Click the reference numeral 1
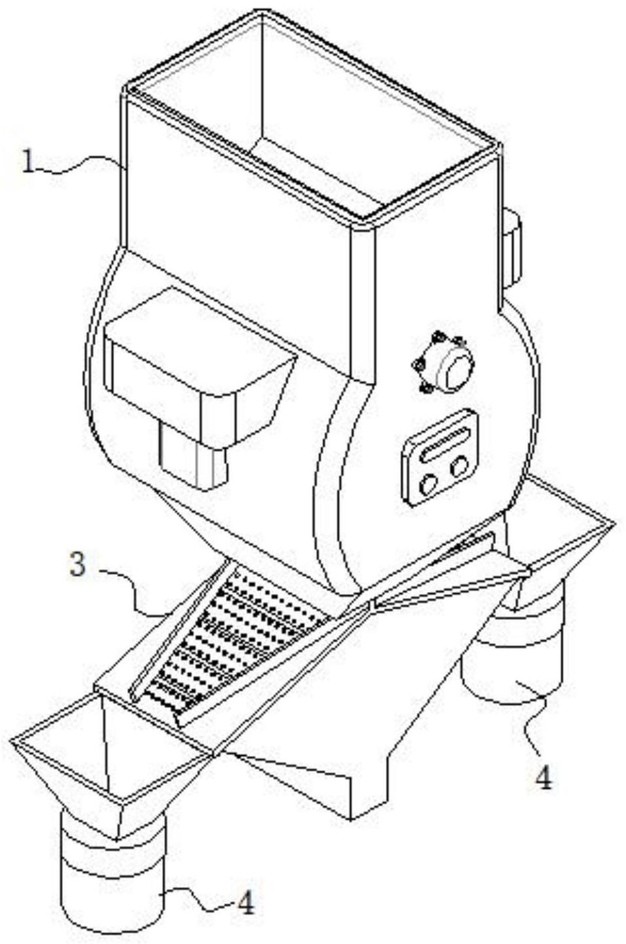28,161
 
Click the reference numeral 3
78,564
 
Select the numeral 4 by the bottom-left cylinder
245,904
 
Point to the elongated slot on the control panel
446,442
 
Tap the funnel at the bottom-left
112,760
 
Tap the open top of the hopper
315,111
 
